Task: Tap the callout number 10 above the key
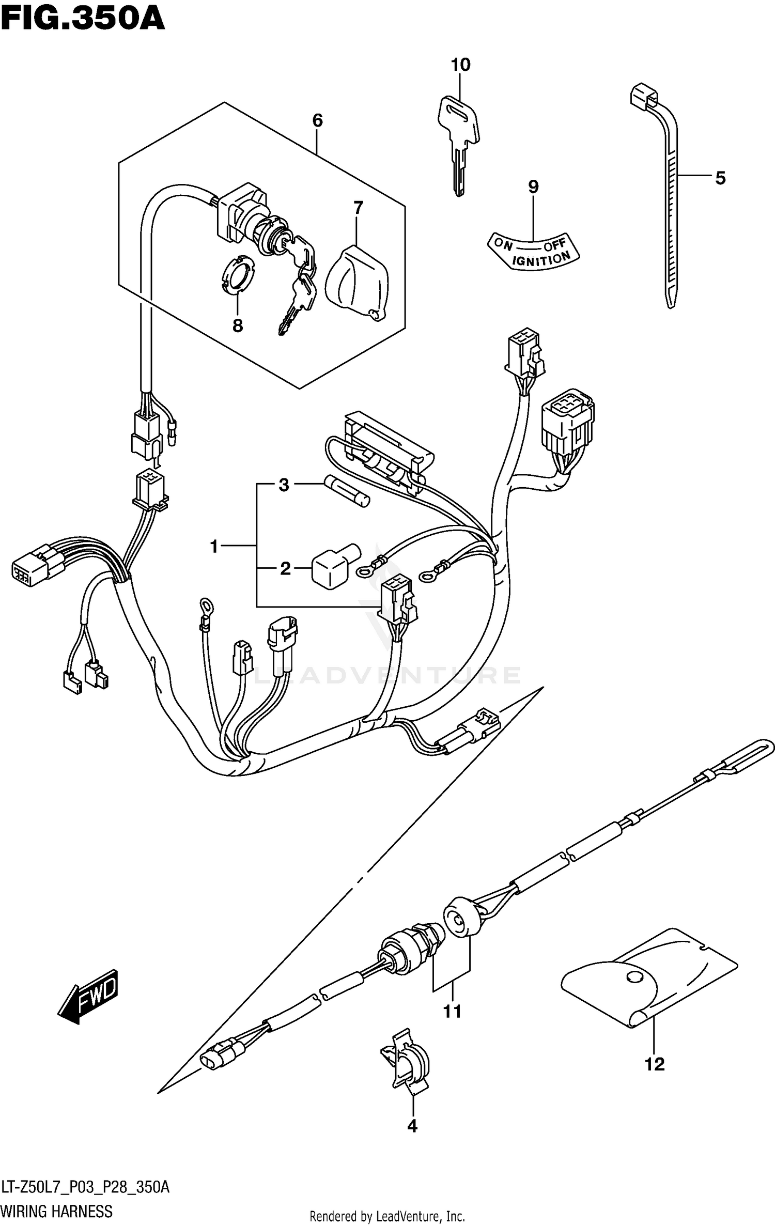460,65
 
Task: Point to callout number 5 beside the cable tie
720,178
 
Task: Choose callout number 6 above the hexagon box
317,120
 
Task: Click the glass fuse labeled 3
347,492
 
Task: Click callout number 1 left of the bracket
214,546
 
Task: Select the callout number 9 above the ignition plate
533,187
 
